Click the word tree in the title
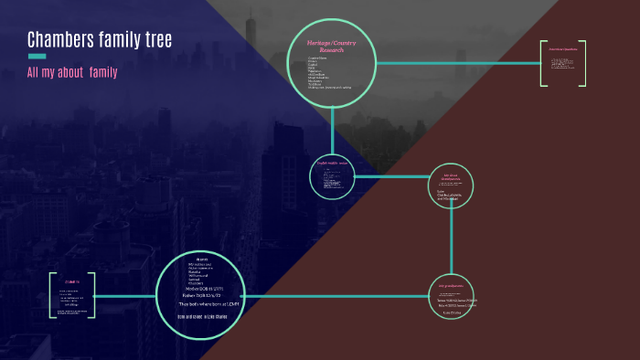point(156,40)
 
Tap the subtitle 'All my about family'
point(72,72)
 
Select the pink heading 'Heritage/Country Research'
point(332,47)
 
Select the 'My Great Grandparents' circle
point(451,185)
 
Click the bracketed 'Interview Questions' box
point(562,63)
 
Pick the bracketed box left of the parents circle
point(72,295)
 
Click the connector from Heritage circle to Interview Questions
point(457,63)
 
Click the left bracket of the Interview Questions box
point(542,63)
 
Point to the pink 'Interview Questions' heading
point(562,48)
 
